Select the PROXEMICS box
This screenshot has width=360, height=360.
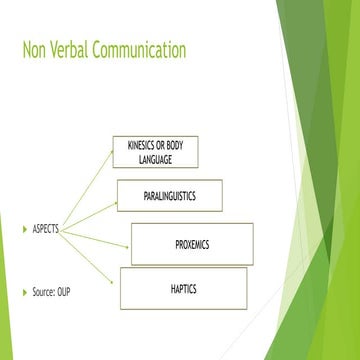click(x=192, y=243)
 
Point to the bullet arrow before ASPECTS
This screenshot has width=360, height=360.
click(x=25, y=229)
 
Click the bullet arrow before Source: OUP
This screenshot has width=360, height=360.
click(x=25, y=291)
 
